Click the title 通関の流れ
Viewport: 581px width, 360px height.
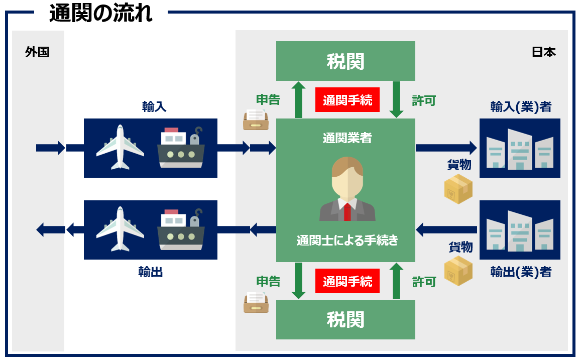[x=100, y=14]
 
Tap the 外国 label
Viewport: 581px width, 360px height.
[x=37, y=52]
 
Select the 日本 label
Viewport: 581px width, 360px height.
[x=543, y=52]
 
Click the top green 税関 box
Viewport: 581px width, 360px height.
[x=345, y=61]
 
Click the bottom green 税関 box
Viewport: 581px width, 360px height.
[x=345, y=319]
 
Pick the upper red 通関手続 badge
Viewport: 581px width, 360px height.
[x=347, y=100]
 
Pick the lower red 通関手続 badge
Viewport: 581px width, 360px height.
[x=347, y=281]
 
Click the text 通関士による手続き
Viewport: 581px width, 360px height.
[x=347, y=241]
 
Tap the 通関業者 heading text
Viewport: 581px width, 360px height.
[x=347, y=138]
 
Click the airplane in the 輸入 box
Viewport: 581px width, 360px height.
[x=120, y=147]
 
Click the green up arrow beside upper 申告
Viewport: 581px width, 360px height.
[x=299, y=100]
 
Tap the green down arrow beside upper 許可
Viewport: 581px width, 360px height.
[x=396, y=100]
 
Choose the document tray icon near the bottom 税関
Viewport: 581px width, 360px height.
[x=256, y=302]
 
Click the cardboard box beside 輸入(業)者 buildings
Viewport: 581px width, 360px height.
[x=458, y=189]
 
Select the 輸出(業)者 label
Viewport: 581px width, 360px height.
[x=521, y=272]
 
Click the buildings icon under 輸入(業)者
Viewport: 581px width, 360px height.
[x=520, y=148]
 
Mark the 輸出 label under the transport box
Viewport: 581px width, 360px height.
[x=151, y=272]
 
